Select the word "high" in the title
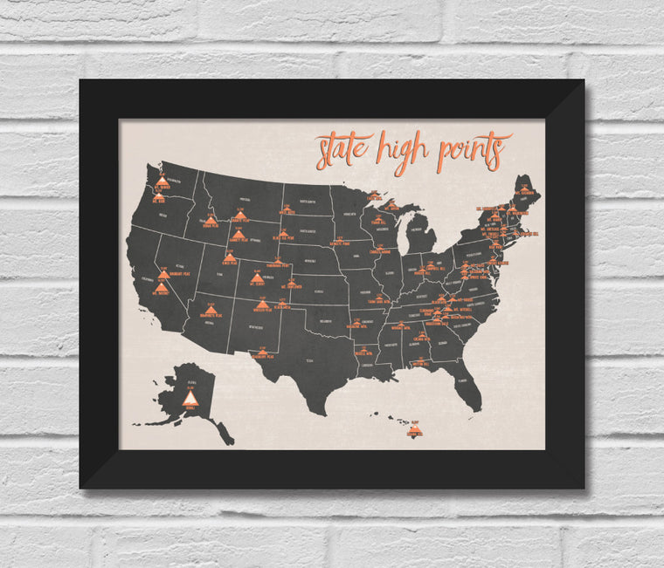(x=401, y=151)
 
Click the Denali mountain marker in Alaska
(x=190, y=398)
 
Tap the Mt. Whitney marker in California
(x=161, y=287)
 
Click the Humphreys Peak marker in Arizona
(x=208, y=306)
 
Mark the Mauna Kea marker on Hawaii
(x=415, y=429)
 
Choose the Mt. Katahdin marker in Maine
(x=524, y=188)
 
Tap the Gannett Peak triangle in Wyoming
(x=239, y=235)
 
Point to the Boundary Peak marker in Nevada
(x=163, y=274)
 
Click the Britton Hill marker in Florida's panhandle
(x=420, y=358)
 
